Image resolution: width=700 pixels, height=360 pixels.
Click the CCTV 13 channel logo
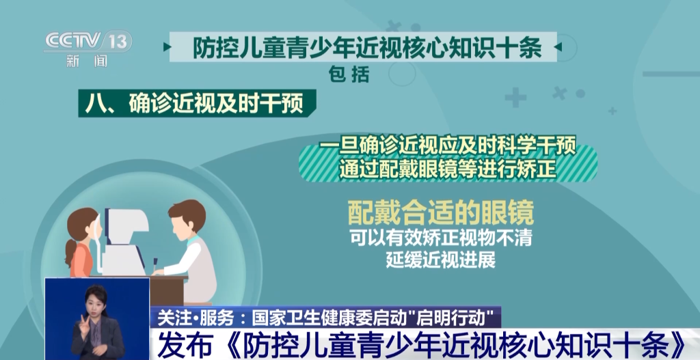tap(88, 42)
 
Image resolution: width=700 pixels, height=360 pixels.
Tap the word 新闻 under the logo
tap(87, 61)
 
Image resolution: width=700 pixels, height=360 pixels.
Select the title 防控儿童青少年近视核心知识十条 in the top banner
tap(367, 47)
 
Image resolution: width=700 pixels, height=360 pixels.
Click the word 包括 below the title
tap(349, 74)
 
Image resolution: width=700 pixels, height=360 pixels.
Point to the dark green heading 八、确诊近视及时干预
tap(197, 103)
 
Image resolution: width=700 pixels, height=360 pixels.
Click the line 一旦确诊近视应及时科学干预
tap(447, 147)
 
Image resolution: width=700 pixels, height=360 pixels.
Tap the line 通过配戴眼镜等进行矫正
tap(447, 170)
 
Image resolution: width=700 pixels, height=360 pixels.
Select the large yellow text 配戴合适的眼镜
tap(441, 212)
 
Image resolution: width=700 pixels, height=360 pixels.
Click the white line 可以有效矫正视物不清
tap(441, 238)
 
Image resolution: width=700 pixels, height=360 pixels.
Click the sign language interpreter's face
tap(96, 299)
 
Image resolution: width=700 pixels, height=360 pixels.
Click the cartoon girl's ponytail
tap(70, 253)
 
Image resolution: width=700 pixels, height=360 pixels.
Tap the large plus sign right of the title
tap(515, 97)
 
